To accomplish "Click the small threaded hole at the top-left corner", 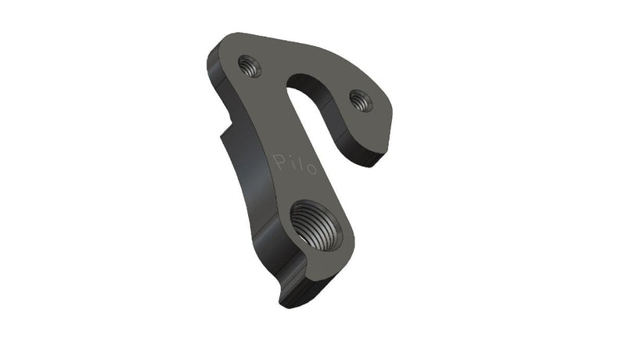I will (x=251, y=64).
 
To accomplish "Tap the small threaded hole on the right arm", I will (x=360, y=99).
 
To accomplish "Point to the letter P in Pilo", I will (x=280, y=161).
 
